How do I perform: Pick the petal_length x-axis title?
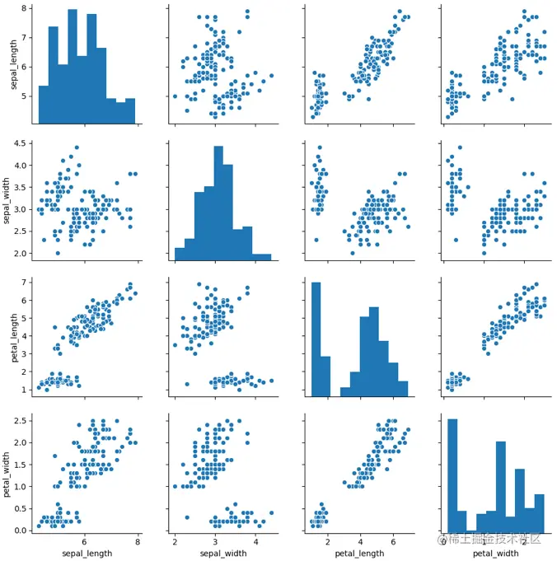tap(357, 553)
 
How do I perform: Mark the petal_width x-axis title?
tap(492, 553)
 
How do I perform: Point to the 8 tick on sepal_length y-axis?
tap(27, 8)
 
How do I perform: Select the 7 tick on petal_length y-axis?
tap(27, 283)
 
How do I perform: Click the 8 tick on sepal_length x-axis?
tap(137, 540)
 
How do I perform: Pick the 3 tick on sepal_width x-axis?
tap(215, 540)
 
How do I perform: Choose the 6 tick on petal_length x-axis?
tap(393, 540)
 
